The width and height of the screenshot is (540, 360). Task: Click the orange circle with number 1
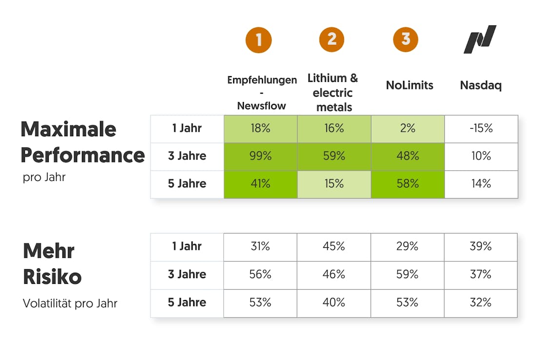click(x=259, y=40)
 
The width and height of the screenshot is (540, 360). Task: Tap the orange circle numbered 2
click(x=332, y=39)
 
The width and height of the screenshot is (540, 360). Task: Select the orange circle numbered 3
click(x=405, y=39)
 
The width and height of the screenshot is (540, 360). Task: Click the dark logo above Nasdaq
click(x=480, y=39)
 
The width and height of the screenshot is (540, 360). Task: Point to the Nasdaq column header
click(x=480, y=85)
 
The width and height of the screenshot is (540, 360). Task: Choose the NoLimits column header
click(x=409, y=85)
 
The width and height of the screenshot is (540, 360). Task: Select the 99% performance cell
click(x=260, y=156)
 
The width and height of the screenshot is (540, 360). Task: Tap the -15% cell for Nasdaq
click(x=481, y=128)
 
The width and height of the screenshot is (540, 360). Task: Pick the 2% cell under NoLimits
click(x=407, y=128)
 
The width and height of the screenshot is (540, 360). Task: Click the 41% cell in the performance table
click(x=260, y=184)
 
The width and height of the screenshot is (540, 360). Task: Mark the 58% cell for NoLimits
click(x=407, y=184)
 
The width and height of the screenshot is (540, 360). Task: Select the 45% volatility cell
click(x=334, y=246)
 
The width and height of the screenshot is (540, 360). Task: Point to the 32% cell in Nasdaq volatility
click(x=480, y=302)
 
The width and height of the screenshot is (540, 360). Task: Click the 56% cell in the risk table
click(x=260, y=275)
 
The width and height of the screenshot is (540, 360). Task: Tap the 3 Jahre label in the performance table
click(x=187, y=156)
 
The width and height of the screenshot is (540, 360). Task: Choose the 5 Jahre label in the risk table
click(x=187, y=302)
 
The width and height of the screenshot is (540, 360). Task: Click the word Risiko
click(x=52, y=277)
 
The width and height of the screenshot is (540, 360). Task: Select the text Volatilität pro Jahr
click(x=70, y=303)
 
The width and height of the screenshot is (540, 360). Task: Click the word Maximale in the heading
click(x=68, y=129)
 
